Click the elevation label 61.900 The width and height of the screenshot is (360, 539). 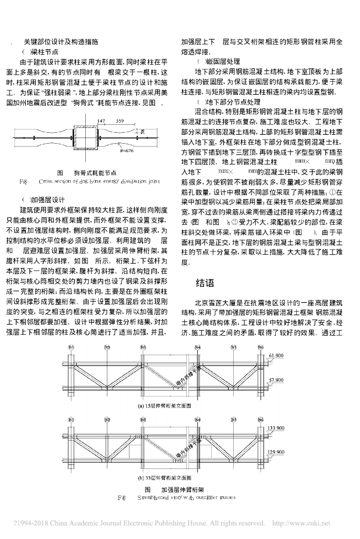[x=276, y=356]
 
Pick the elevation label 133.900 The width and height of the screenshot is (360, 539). [x=276, y=428]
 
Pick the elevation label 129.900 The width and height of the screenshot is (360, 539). [x=276, y=452]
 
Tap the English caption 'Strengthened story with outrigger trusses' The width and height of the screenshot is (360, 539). [x=184, y=497]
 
